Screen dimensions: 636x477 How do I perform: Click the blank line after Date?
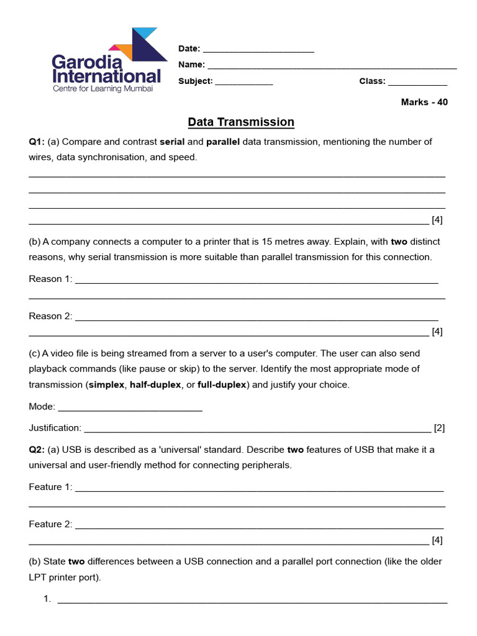point(258,50)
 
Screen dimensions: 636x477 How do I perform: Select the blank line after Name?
point(332,65)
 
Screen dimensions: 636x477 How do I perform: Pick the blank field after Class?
point(417,81)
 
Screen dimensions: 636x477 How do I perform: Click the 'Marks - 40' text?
point(424,102)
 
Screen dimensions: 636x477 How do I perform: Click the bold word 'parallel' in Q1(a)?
point(222,142)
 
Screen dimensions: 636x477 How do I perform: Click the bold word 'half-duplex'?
point(155,385)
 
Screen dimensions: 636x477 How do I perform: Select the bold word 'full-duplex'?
point(222,385)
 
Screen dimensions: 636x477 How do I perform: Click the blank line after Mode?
point(130,407)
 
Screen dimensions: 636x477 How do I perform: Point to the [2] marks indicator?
point(439,428)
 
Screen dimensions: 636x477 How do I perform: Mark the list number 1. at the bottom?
point(47,599)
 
